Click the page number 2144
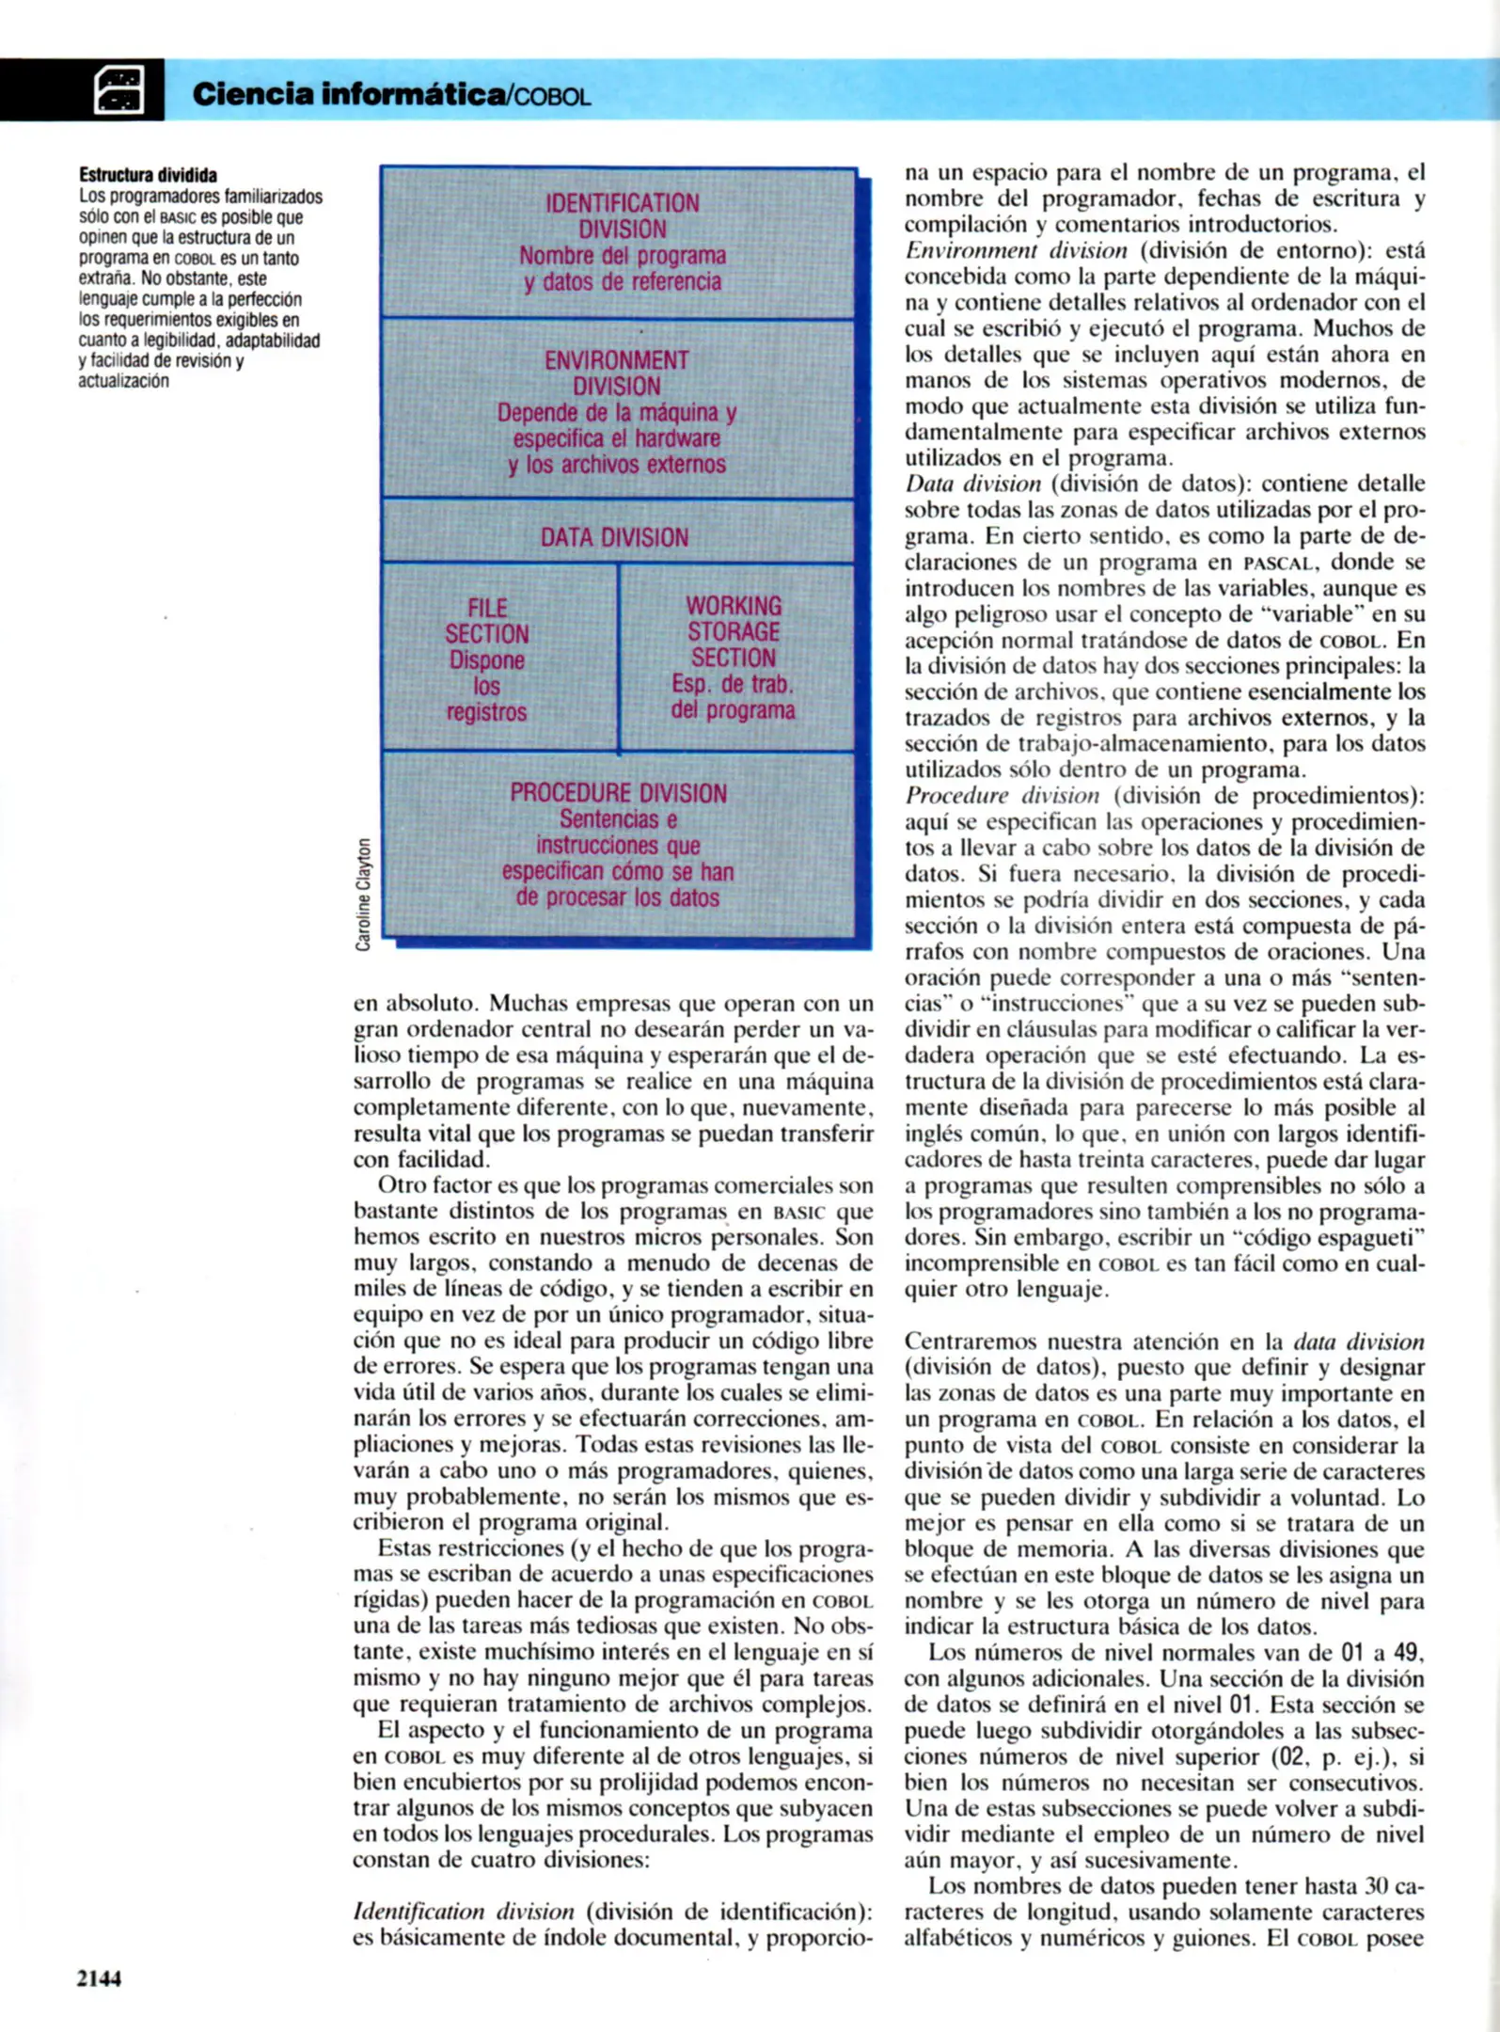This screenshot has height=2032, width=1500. point(99,1977)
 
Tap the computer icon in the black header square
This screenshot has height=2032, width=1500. point(119,90)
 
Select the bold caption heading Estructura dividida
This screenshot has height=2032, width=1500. point(148,175)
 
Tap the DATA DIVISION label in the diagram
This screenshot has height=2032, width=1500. point(614,537)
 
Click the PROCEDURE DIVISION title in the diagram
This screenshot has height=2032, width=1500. point(618,793)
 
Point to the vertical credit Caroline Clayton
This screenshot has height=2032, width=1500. point(363,893)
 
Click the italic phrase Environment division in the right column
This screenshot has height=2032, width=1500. point(1016,251)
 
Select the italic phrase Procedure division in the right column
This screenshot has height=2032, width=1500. point(1002,796)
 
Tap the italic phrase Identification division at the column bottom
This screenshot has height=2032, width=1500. point(463,1912)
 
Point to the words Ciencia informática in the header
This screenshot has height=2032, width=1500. point(348,94)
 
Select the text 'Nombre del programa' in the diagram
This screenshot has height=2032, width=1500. point(623,256)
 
